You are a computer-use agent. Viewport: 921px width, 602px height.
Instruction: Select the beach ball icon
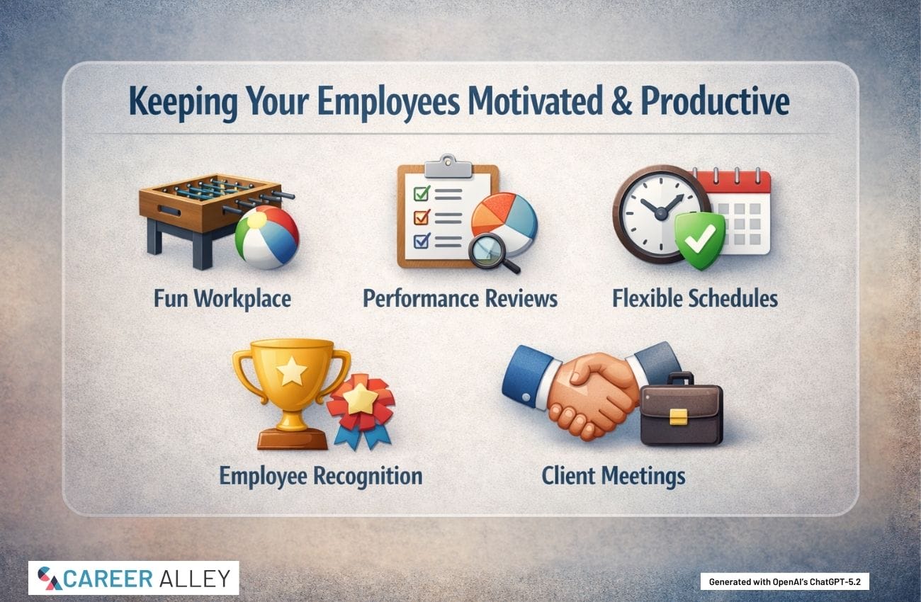pyautogui.click(x=267, y=237)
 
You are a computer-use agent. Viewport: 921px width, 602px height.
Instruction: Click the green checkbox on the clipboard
pyautogui.click(x=422, y=193)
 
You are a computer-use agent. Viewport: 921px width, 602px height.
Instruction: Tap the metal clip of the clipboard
pyautogui.click(x=448, y=166)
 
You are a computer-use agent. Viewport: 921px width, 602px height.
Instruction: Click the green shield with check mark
pyautogui.click(x=700, y=240)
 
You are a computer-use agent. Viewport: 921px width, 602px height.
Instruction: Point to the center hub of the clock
pyautogui.click(x=660, y=213)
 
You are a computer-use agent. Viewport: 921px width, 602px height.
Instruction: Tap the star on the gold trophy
pyautogui.click(x=291, y=371)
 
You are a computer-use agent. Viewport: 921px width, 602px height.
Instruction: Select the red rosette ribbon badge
pyautogui.click(x=361, y=409)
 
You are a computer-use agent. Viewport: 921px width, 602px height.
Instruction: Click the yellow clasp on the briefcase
pyautogui.click(x=678, y=416)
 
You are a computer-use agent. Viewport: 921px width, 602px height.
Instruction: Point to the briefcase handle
pyautogui.click(x=680, y=378)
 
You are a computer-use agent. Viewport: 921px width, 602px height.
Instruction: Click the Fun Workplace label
pyautogui.click(x=222, y=299)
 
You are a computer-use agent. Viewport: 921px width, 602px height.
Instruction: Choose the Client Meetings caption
pyautogui.click(x=614, y=476)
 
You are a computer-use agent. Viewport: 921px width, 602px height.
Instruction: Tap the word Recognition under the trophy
pyautogui.click(x=368, y=477)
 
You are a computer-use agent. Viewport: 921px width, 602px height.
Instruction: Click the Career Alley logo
pyautogui.click(x=134, y=578)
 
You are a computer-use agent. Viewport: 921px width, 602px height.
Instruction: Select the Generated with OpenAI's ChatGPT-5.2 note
pyautogui.click(x=785, y=582)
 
